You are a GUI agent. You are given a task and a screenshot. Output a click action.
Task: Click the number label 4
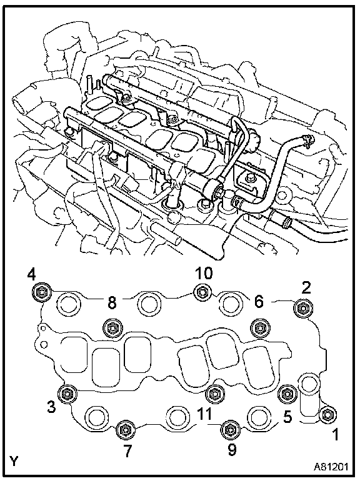click(x=31, y=275)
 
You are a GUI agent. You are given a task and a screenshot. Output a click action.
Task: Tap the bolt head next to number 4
click(x=41, y=292)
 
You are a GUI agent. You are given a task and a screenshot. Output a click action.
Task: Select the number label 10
click(x=204, y=273)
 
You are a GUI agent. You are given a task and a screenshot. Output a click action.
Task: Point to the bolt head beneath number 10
click(x=202, y=292)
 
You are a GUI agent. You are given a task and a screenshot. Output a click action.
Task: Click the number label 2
click(x=306, y=288)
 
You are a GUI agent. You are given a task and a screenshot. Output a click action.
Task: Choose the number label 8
click(x=112, y=302)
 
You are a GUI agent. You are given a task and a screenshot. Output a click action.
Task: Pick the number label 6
click(x=259, y=302)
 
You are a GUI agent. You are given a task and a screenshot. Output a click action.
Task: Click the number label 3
click(x=51, y=407)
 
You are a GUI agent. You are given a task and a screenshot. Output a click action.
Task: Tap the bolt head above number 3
click(x=67, y=394)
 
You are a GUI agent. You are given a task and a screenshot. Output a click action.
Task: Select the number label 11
click(x=204, y=414)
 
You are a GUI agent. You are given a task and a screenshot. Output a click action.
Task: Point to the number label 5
click(x=287, y=417)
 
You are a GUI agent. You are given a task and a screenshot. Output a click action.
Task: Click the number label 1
click(x=336, y=434)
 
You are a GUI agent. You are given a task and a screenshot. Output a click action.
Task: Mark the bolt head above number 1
click(x=327, y=415)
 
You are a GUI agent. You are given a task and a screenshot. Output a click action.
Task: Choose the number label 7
click(x=127, y=451)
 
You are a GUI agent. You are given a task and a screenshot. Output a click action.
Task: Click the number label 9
click(x=232, y=450)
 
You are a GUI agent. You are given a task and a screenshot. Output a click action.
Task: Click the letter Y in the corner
click(x=14, y=461)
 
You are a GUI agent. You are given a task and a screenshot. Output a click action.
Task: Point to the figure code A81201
click(x=331, y=467)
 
